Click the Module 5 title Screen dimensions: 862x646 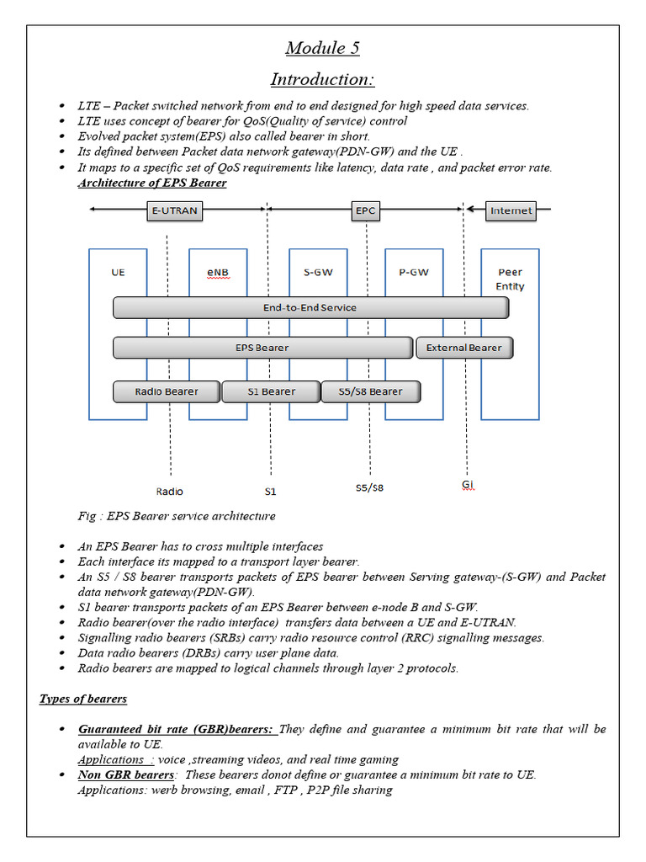[322, 48]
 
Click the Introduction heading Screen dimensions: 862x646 [322, 79]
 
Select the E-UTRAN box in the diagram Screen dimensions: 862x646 [175, 210]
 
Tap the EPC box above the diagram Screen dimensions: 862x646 [365, 210]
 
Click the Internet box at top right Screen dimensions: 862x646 [511, 210]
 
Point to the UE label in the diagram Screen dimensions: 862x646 [118, 273]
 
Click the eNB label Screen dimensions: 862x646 [218, 273]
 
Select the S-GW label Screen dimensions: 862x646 [318, 273]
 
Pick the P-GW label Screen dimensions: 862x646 [414, 273]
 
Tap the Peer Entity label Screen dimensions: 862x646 [510, 279]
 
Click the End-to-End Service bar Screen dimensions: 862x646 [310, 308]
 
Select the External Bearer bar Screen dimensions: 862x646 [463, 348]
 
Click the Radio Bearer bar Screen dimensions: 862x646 [167, 391]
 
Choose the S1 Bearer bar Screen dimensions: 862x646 [271, 391]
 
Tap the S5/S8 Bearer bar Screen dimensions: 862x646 [370, 391]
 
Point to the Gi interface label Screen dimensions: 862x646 [468, 486]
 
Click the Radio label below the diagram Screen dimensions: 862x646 [169, 491]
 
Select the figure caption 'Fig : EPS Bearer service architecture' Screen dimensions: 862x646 [177, 515]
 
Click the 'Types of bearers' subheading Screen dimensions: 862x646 [83, 700]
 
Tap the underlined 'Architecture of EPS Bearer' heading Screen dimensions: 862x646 [152, 183]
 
